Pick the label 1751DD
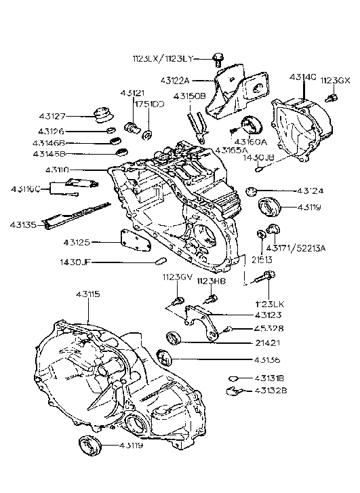click(x=148, y=104)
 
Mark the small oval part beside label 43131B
click(x=232, y=377)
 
